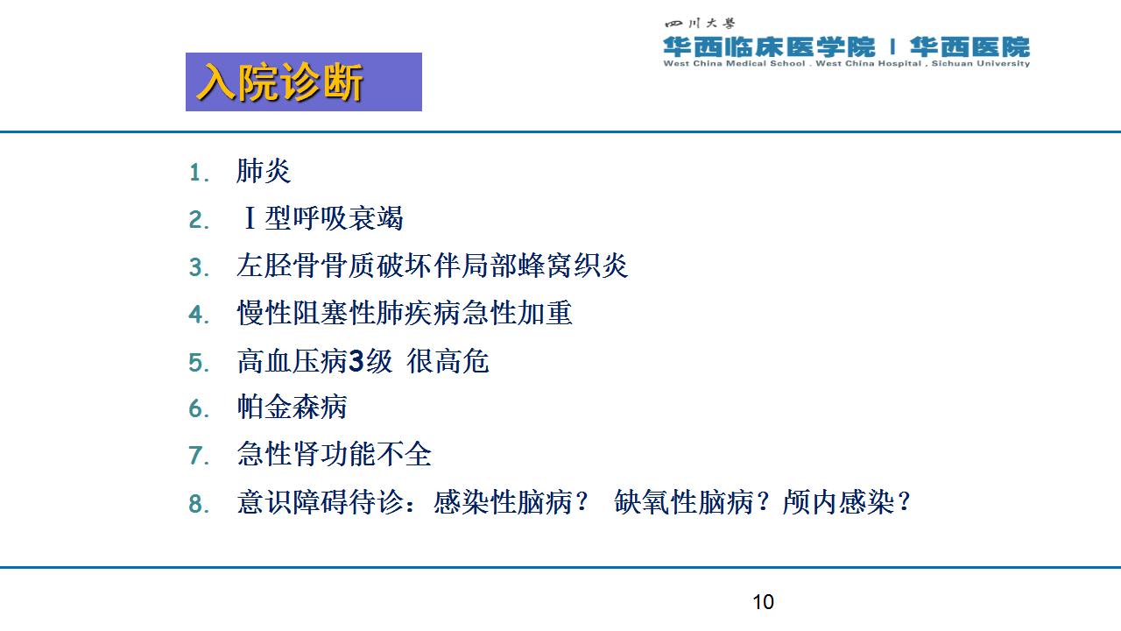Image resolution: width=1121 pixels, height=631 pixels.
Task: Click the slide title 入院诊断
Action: (280, 82)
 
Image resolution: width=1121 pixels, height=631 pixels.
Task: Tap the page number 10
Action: (763, 602)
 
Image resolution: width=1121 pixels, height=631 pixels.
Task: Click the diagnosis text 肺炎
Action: (264, 171)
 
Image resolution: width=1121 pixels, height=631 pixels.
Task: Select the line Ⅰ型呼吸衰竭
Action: (323, 218)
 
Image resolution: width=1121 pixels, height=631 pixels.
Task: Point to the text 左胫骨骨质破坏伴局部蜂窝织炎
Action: (432, 266)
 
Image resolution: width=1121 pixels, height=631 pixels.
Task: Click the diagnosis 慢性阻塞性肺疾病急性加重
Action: (405, 313)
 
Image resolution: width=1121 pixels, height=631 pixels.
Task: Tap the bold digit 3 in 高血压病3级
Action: (356, 361)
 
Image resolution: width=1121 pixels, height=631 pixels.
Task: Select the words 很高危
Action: (448, 361)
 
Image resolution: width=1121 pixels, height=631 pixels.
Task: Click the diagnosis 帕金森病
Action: (292, 407)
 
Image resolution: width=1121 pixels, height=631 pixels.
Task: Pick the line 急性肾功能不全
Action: (334, 454)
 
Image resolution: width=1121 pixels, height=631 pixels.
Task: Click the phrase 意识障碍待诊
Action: (321, 502)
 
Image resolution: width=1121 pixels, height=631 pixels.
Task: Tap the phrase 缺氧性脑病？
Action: (692, 502)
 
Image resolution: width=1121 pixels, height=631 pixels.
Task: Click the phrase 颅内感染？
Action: (846, 502)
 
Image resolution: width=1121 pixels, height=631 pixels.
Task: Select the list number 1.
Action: (199, 173)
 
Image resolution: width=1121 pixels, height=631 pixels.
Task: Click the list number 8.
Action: (199, 504)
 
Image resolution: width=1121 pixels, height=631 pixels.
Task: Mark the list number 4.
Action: (199, 315)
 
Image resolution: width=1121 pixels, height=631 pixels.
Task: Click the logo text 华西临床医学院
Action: (769, 47)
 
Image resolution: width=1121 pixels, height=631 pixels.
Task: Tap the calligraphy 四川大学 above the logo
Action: (700, 23)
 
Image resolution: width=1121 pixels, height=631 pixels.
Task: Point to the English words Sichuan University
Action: (980, 64)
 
